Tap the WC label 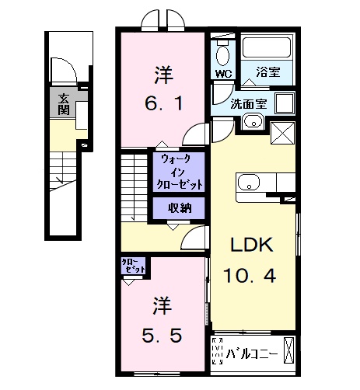click(223, 75)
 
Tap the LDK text click(250, 245)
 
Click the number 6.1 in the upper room click(163, 103)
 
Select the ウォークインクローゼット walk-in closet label click(181, 172)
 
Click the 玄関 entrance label click(61, 103)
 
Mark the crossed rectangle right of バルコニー click(289, 350)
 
